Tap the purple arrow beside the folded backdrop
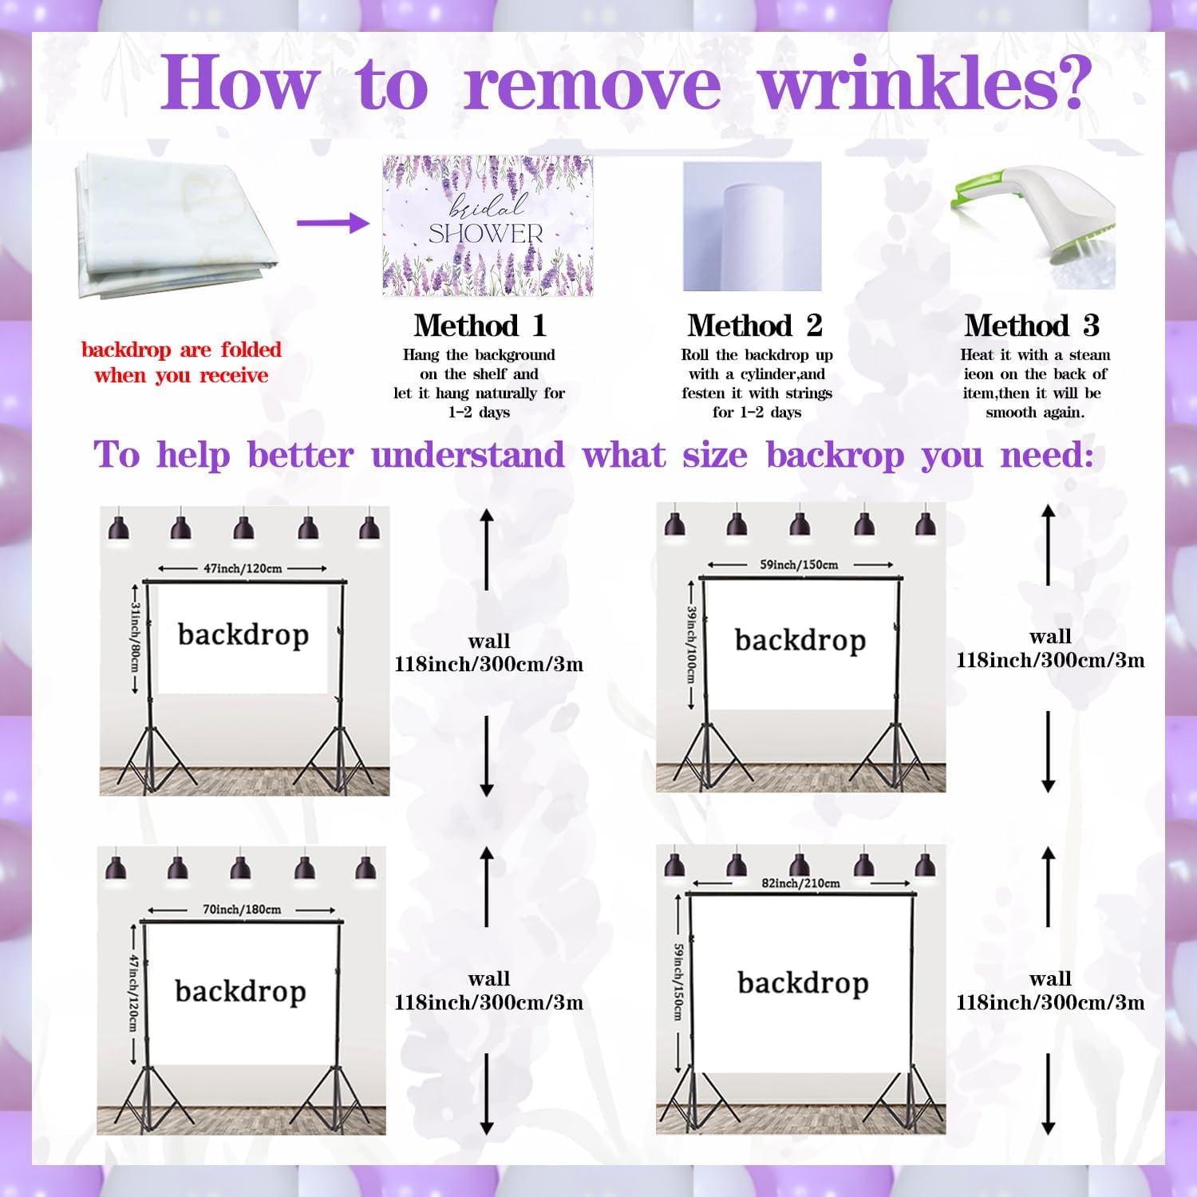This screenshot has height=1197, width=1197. [334, 222]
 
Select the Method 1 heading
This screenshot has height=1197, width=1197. [480, 326]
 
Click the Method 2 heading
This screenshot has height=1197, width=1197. [755, 326]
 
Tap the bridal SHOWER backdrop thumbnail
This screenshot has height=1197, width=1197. [488, 226]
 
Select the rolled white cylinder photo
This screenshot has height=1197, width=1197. [752, 227]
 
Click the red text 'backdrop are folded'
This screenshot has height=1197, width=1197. [181, 350]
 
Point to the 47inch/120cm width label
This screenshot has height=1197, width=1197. [243, 569]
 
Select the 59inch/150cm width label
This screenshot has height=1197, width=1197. [799, 565]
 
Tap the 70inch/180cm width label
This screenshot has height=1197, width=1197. [242, 910]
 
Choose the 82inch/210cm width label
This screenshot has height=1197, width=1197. [800, 883]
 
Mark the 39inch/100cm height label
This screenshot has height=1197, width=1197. [691, 642]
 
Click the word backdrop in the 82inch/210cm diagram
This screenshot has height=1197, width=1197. [803, 984]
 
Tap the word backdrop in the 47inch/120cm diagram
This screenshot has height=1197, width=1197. [243, 635]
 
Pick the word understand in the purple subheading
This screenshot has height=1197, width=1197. [468, 456]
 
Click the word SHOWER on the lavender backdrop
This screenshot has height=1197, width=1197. [486, 234]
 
